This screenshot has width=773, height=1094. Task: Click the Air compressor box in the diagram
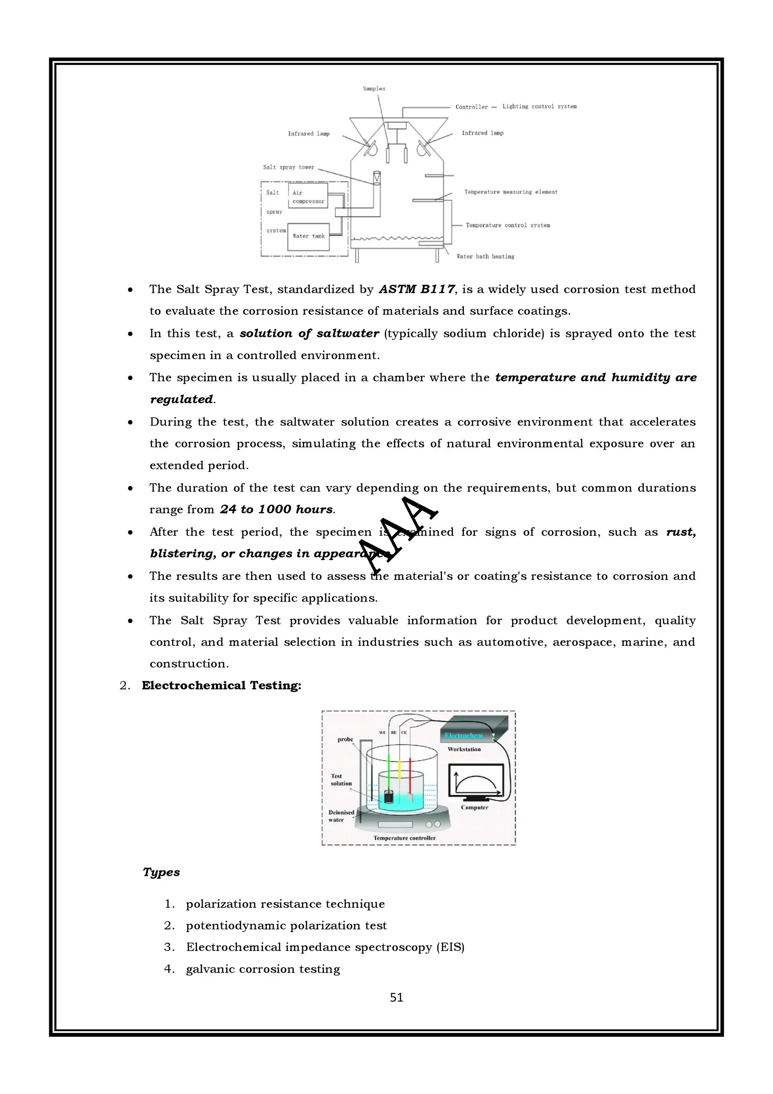[308, 196]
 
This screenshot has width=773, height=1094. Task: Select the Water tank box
[308, 236]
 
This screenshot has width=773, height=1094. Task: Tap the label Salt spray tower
[289, 167]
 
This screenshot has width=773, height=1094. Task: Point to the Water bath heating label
[485, 256]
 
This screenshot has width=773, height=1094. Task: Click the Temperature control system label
[507, 225]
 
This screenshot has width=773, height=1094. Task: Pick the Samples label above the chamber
[374, 89]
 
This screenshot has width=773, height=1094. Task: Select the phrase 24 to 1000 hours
[276, 509]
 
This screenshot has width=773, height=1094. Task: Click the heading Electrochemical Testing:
[222, 685]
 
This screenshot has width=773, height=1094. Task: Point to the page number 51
[396, 997]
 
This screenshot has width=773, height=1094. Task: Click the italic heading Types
[162, 872]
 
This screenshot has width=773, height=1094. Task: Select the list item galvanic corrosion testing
[263, 969]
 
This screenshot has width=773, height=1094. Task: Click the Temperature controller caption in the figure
[404, 838]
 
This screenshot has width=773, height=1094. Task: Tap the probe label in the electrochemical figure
[345, 740]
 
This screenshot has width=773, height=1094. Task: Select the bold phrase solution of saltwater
[309, 334]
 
